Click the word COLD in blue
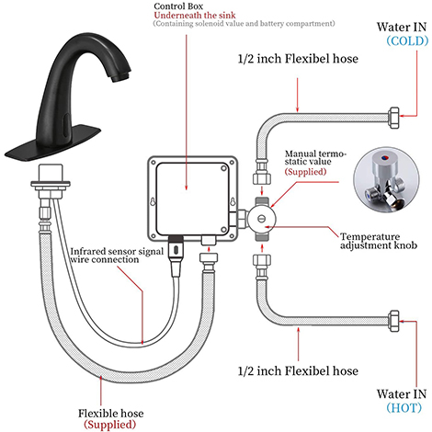coord(407,40)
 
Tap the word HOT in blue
coord(404,407)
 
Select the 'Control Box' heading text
coord(178,6)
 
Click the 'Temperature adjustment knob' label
coord(379,241)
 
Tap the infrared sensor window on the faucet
coord(65,124)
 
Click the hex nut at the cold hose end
coord(394,118)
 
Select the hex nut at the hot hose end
coord(394,321)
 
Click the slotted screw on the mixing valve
coord(261,219)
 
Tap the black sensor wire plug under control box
coord(176,252)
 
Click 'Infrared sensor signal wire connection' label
coord(117,256)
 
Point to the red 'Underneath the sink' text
coord(195,15)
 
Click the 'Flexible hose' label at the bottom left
coord(110,414)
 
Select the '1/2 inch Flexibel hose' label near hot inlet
coord(298,371)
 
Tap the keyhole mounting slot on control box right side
coord(233,202)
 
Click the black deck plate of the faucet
coord(52,143)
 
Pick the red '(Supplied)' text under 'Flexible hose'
coord(109,425)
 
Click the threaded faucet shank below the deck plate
coord(51,181)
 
